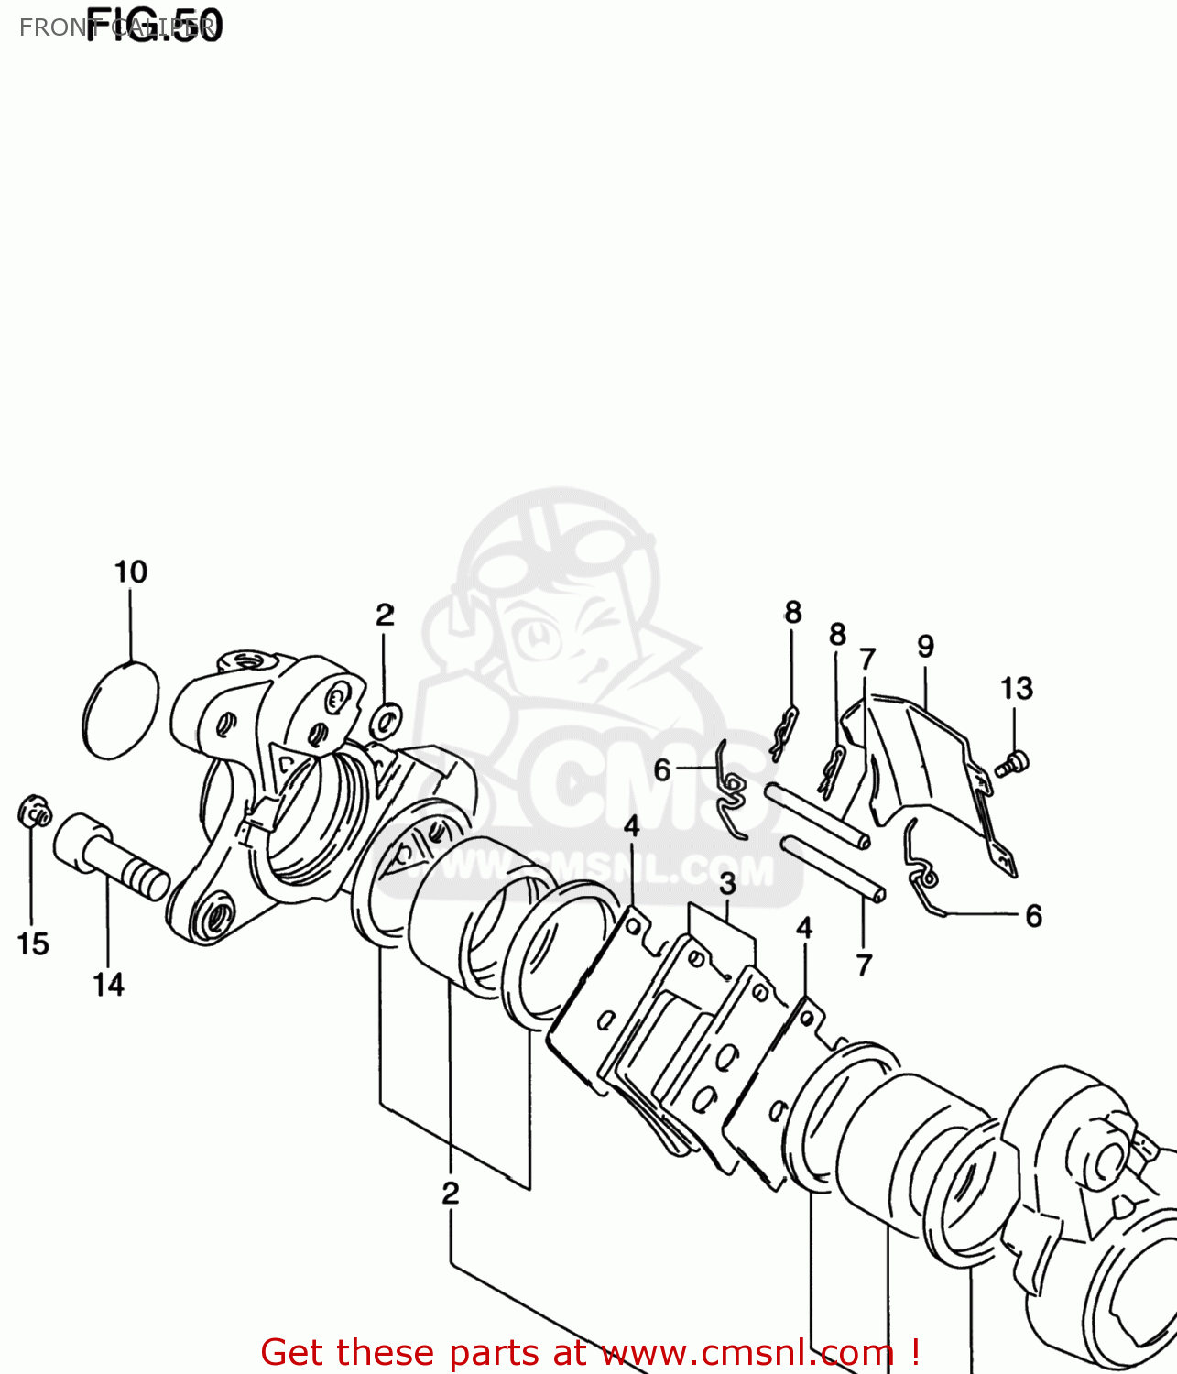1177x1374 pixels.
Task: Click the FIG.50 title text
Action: click(154, 26)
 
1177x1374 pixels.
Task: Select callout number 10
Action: click(131, 572)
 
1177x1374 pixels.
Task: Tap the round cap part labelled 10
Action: click(121, 709)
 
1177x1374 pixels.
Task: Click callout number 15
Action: click(33, 943)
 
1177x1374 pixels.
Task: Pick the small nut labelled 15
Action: click(34, 811)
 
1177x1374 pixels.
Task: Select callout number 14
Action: click(108, 985)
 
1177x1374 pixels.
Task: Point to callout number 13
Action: click(1016, 688)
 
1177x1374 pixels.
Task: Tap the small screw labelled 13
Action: click(1013, 762)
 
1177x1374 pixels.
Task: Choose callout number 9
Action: click(925, 647)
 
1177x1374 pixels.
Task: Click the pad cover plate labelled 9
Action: click(925, 769)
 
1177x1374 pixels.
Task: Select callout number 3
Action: click(727, 884)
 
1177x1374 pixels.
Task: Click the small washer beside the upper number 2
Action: click(386, 719)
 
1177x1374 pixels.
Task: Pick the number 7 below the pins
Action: click(864, 965)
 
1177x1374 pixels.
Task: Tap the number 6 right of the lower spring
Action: click(1034, 915)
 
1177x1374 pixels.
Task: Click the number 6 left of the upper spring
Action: click(662, 770)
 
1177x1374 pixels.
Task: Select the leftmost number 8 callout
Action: click(793, 612)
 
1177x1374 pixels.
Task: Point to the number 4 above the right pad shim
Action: click(804, 928)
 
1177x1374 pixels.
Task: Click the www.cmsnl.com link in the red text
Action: click(747, 1353)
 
